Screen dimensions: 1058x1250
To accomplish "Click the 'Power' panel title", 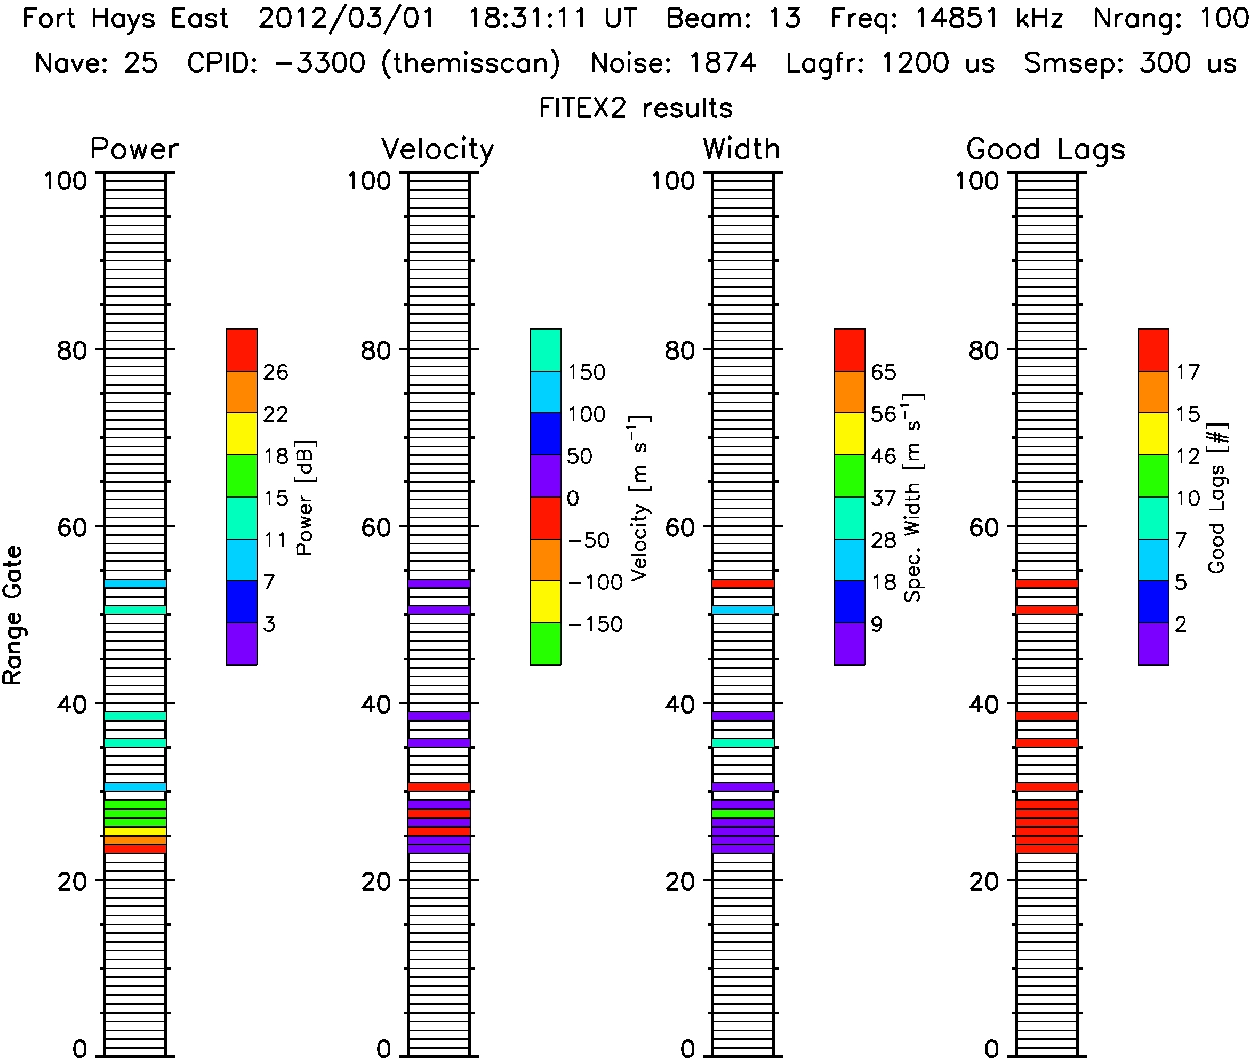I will [134, 149].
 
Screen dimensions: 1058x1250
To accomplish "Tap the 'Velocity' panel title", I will [437, 149].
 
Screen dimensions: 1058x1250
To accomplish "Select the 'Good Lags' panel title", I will [1045, 149].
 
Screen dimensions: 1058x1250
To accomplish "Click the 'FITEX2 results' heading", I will [636, 108].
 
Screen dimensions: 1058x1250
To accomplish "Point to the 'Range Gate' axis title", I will [13, 615].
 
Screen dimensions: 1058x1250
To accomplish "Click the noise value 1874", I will [722, 63].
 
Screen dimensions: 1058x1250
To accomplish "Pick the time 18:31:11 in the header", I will [527, 19].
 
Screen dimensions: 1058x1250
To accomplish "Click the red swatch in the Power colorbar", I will [242, 350].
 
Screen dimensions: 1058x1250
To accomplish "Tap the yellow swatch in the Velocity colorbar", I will [545, 602].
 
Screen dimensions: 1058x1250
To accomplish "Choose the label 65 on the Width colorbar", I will [884, 372].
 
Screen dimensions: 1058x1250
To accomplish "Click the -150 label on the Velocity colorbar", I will [595, 625].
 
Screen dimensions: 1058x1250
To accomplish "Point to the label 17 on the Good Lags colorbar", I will [1188, 372].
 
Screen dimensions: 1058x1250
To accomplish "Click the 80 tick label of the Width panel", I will [679, 350].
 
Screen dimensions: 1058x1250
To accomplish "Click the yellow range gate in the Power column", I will [135, 831].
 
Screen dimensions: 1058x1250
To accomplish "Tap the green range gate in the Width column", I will [743, 814].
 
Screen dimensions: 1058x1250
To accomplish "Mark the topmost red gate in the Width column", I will [743, 583].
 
